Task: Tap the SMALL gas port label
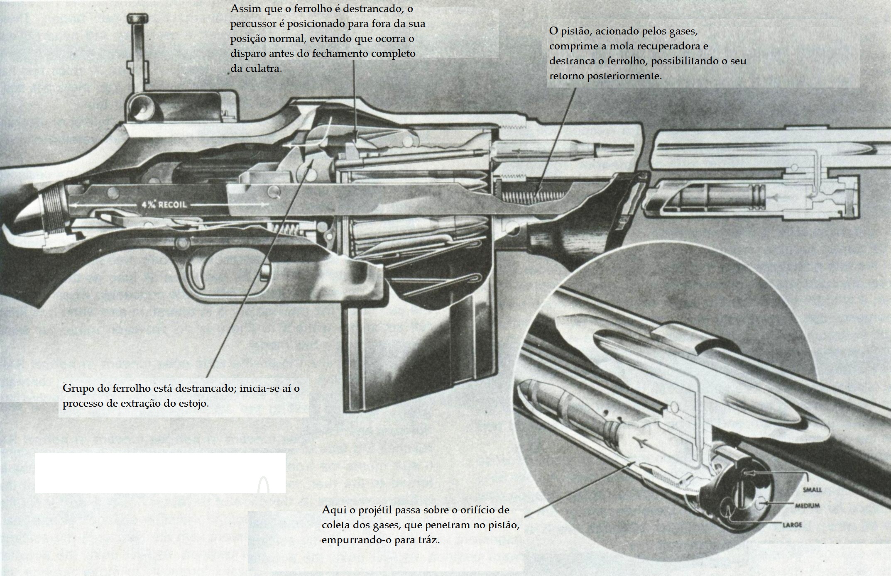(x=812, y=490)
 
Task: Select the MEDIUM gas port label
(x=808, y=506)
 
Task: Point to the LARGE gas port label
(x=792, y=525)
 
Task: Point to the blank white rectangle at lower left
(x=160, y=473)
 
